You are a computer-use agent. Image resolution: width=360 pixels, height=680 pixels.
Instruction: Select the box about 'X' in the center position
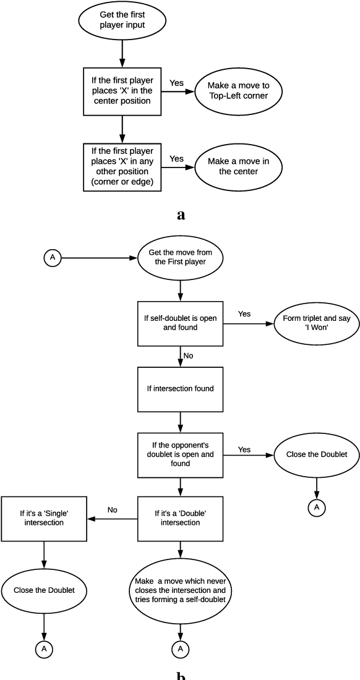[122, 91]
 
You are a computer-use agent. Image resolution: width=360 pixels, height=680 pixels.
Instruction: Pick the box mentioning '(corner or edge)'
[122, 166]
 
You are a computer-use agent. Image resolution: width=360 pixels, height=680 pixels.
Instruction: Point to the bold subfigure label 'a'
[181, 215]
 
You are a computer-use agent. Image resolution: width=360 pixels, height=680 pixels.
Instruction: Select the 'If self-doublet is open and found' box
[179, 323]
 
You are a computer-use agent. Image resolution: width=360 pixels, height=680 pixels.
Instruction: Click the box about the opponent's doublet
[179, 454]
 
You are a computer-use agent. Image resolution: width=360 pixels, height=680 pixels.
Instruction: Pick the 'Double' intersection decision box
[179, 518]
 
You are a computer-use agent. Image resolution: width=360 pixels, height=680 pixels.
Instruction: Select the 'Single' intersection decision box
[43, 518]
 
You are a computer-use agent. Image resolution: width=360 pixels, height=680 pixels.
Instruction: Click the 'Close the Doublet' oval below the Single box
[43, 590]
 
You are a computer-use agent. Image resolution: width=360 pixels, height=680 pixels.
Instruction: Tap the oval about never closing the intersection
[179, 590]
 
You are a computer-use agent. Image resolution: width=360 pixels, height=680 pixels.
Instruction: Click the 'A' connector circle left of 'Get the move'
[52, 258]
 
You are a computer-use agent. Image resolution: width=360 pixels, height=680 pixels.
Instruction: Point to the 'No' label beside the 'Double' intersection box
[113, 511]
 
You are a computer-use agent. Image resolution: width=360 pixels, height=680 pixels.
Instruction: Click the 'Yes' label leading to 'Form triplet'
[244, 314]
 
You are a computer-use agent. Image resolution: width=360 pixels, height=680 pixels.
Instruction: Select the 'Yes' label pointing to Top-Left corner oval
[177, 82]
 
